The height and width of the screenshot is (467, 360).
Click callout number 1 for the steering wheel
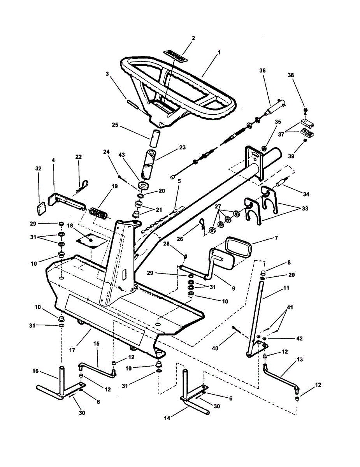click(219, 52)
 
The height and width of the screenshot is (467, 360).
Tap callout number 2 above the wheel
click(193, 38)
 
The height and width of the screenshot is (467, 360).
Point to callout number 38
click(302, 75)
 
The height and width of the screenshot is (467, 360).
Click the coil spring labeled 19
click(98, 214)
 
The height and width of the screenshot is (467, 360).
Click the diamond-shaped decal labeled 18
click(91, 241)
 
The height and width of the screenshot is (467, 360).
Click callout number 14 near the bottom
click(168, 418)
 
